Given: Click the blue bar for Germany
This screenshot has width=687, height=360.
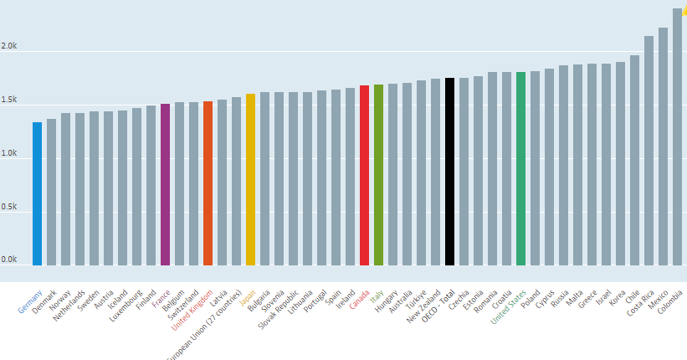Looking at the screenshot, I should (37, 193).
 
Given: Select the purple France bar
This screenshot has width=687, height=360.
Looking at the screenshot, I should (165, 184).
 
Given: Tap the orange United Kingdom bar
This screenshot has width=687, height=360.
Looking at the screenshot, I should (208, 183).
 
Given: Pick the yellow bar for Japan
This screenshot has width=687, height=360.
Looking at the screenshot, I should (250, 179).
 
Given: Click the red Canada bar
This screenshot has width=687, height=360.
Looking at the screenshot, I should (364, 175).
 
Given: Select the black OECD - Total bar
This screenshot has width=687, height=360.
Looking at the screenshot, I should (449, 172).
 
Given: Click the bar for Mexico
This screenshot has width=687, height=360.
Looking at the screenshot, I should (663, 147).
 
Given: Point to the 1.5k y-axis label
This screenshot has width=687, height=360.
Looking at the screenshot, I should (8, 100).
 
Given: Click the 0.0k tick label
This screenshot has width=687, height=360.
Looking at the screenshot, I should (8, 260).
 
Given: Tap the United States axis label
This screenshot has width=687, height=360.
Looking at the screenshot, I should (508, 305).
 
